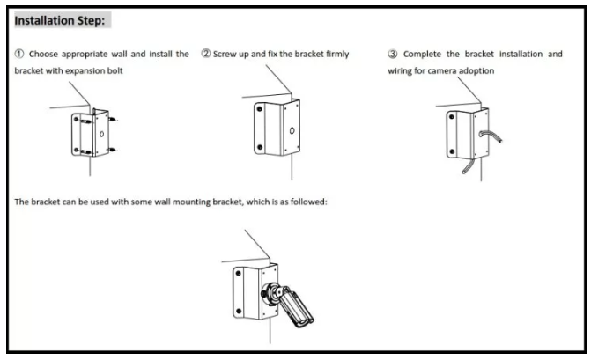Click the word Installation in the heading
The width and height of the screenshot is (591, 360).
[x=42, y=18]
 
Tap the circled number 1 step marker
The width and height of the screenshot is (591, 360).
[x=19, y=55]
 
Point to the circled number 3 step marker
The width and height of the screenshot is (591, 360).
[x=393, y=55]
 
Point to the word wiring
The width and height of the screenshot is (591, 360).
[x=401, y=71]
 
